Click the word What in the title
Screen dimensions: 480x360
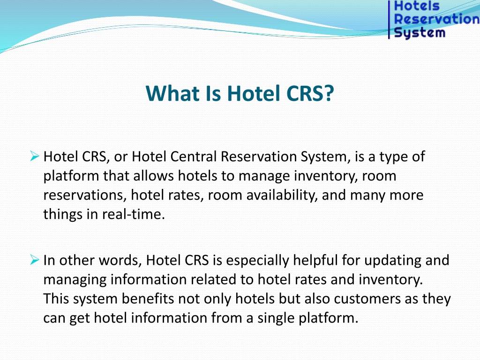click(173, 93)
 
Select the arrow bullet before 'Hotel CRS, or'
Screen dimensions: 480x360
click(35, 156)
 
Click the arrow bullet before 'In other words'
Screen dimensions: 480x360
click(35, 260)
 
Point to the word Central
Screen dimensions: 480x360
click(194, 157)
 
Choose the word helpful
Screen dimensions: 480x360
click(315, 260)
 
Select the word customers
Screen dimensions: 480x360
click(367, 299)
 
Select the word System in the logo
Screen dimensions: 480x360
click(420, 32)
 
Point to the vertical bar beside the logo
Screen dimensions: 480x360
click(389, 20)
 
